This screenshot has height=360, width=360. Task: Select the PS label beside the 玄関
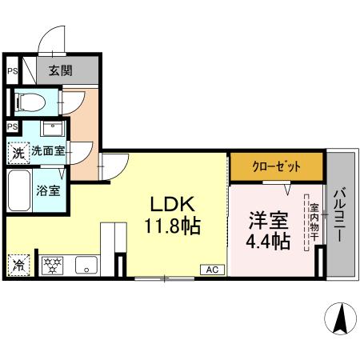tap(12, 70)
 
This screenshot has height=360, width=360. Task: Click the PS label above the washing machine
tap(12, 126)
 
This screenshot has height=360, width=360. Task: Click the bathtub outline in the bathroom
tap(20, 190)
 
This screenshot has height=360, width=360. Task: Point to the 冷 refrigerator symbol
tap(17, 263)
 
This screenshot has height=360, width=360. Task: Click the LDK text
tap(168, 204)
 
